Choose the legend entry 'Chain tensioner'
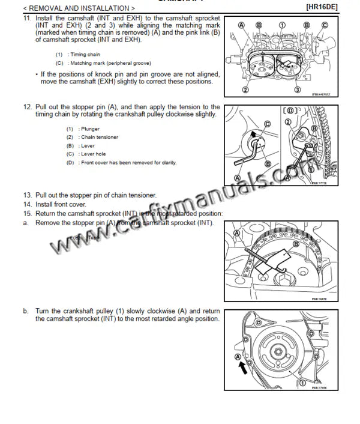pyautogui.click(x=100, y=137)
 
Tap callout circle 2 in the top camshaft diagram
pyautogui.click(x=245, y=90)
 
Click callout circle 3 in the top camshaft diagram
pyautogui.click(x=297, y=90)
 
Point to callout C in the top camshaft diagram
pyautogui.click(x=325, y=25)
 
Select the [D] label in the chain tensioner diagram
pyautogui.click(x=292, y=111)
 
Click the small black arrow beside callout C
pyautogui.click(x=254, y=133)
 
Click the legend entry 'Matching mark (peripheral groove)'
pyautogui.click(x=108, y=63)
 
